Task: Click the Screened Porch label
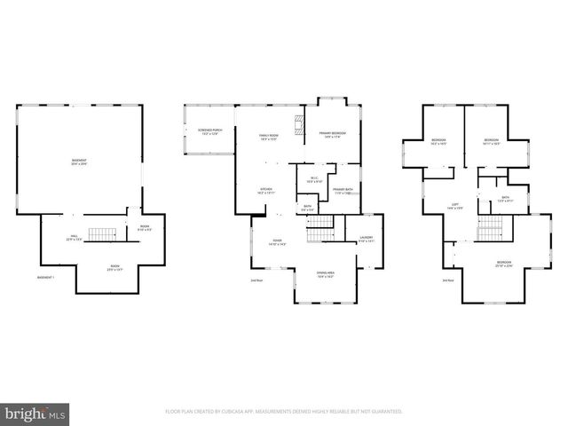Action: (209, 133)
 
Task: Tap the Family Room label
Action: (268, 137)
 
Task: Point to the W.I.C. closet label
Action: (314, 179)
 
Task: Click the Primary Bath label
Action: (343, 191)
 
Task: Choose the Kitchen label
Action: (265, 191)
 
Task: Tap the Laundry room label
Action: (366, 239)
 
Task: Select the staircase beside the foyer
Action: (318, 234)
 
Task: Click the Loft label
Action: (454, 206)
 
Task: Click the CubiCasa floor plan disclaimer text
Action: (284, 412)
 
